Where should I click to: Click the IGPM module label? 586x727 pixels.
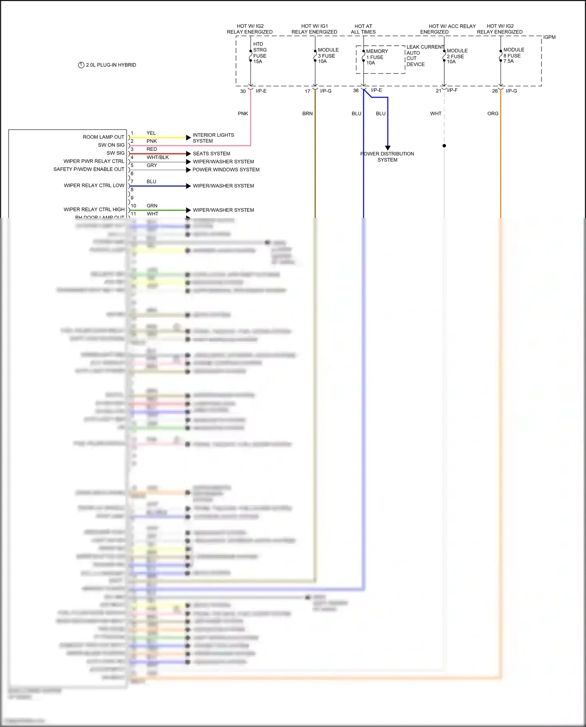[x=549, y=37]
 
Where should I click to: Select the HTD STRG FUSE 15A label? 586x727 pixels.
[x=259, y=53]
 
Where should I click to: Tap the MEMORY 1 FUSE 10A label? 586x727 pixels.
[x=377, y=57]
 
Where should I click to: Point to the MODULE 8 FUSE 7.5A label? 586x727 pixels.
[x=513, y=55]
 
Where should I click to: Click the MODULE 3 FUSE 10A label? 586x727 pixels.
[x=328, y=55]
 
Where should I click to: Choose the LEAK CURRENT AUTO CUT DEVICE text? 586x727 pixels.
[x=425, y=55]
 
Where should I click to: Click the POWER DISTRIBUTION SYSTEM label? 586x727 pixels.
[x=387, y=157]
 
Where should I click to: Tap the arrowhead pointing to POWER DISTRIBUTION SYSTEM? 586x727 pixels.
[x=388, y=148]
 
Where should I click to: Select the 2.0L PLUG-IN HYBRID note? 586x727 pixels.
[x=107, y=65]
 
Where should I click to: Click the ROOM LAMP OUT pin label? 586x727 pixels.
[x=104, y=137]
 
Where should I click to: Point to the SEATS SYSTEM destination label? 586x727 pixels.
[x=211, y=154]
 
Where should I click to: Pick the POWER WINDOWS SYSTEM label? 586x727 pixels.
[x=226, y=170]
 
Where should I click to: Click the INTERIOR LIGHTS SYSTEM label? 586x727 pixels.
[x=213, y=138]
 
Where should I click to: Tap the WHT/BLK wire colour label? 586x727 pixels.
[x=158, y=157]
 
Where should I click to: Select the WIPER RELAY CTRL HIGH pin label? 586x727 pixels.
[x=94, y=209]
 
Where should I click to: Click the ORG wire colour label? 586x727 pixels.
[x=493, y=114]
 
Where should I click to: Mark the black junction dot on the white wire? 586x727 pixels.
[x=444, y=146]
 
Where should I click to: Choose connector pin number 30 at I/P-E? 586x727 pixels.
[x=243, y=91]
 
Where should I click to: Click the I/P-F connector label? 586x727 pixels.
[x=452, y=90]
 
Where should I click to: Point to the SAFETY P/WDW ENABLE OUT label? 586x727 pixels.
[x=89, y=169]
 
